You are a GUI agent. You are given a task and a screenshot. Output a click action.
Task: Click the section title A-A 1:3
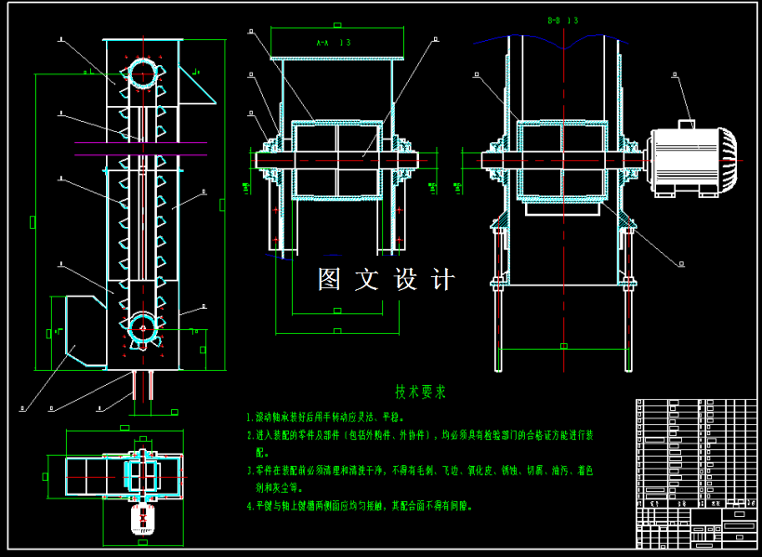(x=333, y=43)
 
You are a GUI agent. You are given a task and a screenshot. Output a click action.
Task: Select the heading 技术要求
(x=420, y=391)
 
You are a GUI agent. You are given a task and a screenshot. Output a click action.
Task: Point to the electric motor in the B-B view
(x=688, y=161)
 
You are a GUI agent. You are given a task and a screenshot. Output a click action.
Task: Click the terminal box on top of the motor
(x=687, y=124)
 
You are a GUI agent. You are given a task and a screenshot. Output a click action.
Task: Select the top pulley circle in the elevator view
(x=141, y=73)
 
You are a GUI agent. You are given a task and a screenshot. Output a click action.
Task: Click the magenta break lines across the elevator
(x=139, y=149)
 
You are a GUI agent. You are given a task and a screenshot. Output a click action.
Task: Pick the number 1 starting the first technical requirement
(x=248, y=419)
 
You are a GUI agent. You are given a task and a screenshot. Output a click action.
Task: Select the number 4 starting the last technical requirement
(x=248, y=507)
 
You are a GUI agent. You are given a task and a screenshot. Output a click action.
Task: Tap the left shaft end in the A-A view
(x=263, y=160)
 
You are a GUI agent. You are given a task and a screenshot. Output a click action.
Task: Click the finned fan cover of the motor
(x=729, y=160)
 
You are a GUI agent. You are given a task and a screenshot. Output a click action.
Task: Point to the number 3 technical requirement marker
(x=248, y=471)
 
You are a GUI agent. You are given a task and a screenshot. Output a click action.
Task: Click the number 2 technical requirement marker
(x=248, y=435)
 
